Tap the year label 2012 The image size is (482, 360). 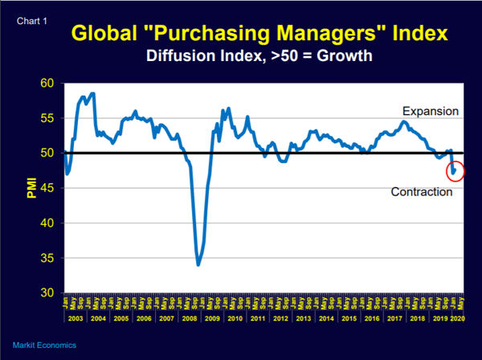coord(281,318)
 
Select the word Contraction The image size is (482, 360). coord(422,192)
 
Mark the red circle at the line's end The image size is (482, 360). coord(455,170)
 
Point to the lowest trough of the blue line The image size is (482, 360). coord(198,264)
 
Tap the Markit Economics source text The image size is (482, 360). coord(44,345)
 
